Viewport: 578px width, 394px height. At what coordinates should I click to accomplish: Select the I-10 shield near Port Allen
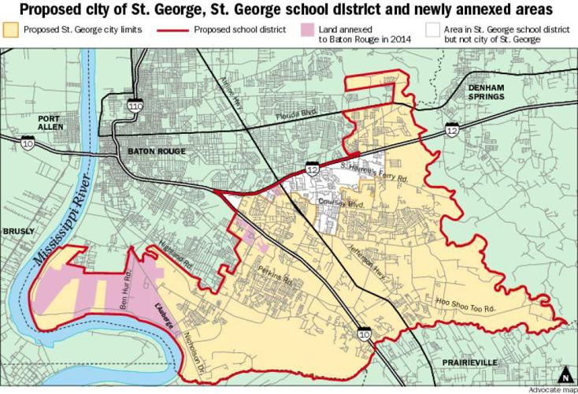[28, 143]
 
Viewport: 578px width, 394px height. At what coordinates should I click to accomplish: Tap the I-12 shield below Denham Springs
[452, 128]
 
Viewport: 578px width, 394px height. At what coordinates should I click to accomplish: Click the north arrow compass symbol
[564, 373]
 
